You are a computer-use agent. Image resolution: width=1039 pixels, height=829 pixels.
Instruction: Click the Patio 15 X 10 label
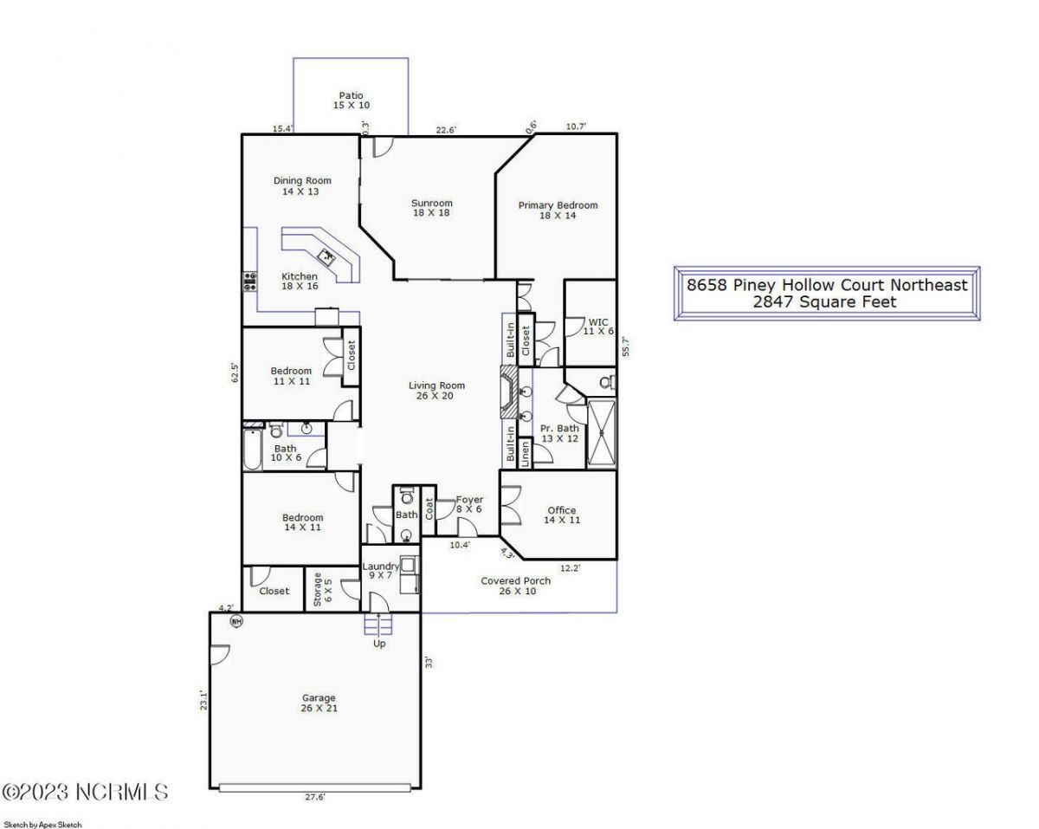pyautogui.click(x=351, y=100)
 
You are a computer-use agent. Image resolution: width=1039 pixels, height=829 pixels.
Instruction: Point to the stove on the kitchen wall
pyautogui.click(x=249, y=280)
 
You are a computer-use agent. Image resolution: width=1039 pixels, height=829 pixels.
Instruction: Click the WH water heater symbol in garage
pyautogui.click(x=235, y=620)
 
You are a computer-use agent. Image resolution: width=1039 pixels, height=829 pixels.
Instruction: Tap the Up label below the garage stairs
pyautogui.click(x=379, y=644)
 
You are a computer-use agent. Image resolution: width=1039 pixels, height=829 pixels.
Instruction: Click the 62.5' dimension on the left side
pyautogui.click(x=234, y=372)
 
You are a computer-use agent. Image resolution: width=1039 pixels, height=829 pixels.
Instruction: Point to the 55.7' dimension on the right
pyautogui.click(x=626, y=346)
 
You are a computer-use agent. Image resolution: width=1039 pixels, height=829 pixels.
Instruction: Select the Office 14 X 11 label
pyautogui.click(x=561, y=515)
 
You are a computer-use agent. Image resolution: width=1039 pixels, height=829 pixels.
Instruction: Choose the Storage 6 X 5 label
pyautogui.click(x=322, y=588)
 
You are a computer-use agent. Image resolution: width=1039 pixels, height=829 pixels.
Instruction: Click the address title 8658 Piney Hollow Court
pyautogui.click(x=827, y=285)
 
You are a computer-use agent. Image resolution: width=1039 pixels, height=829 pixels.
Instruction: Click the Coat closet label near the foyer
pyautogui.click(x=429, y=508)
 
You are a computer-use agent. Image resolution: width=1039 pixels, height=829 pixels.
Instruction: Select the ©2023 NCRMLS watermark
pyautogui.click(x=85, y=792)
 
